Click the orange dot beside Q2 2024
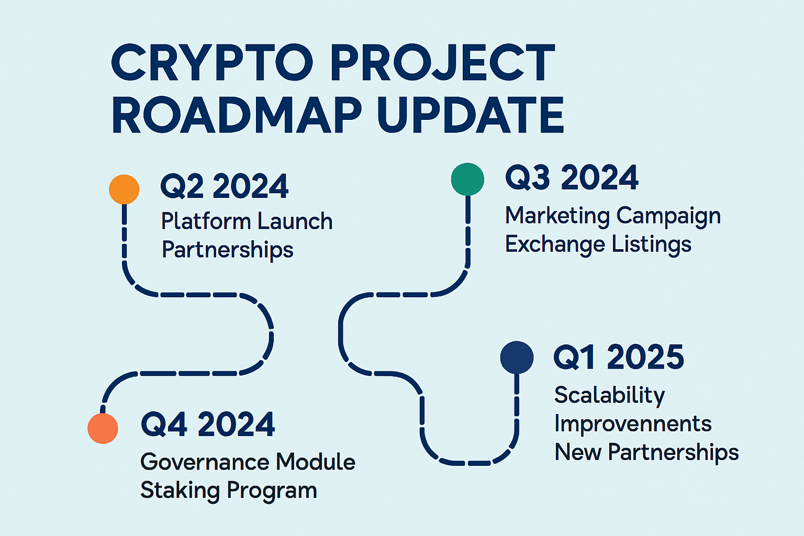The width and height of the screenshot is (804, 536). [x=124, y=189]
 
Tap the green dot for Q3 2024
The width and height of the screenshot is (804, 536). [x=467, y=179]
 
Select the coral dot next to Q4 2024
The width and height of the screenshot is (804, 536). [x=103, y=428]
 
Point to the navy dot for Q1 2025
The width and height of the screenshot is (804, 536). [x=517, y=358]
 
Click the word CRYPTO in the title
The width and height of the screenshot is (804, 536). [x=212, y=63]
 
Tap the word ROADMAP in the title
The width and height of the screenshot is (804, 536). [x=236, y=115]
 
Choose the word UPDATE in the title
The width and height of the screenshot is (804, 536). [x=470, y=115]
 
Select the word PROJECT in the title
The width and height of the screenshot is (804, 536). [x=442, y=63]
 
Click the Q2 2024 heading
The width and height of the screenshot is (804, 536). [x=224, y=186]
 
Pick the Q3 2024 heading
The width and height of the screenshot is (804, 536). [x=572, y=177]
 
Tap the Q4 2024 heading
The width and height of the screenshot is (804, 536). [x=208, y=424]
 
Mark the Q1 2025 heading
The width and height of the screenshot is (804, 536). [x=619, y=358]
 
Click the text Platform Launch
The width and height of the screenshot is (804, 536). [x=247, y=221]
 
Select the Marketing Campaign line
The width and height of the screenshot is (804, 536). [x=612, y=216]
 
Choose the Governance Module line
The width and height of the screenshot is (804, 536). [x=248, y=462]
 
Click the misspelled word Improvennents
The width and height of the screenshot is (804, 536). [x=632, y=424]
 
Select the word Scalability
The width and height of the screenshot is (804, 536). [x=609, y=396]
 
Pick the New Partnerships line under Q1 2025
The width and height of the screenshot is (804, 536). [x=646, y=452]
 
